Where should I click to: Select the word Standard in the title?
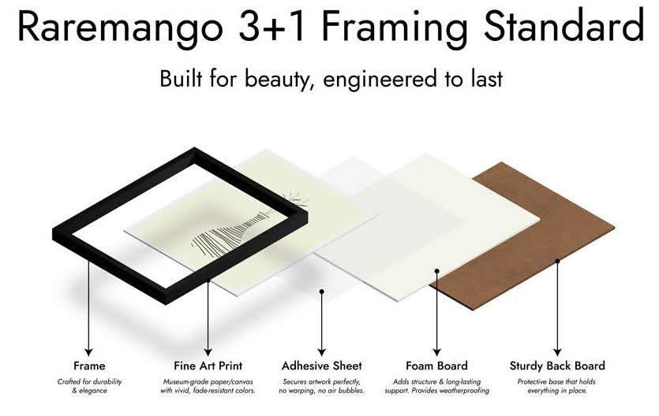[564, 25]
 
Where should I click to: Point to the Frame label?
[89, 366]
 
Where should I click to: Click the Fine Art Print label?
[208, 366]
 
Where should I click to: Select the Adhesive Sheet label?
[321, 366]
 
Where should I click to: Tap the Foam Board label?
[436, 366]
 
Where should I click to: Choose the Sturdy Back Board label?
[557, 366]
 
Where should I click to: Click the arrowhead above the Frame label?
[88, 351]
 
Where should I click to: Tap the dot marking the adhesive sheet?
[321, 291]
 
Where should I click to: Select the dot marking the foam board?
[436, 271]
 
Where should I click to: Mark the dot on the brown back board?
[557, 261]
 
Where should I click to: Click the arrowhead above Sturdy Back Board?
[557, 351]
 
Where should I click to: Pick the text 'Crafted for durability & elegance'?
[89, 386]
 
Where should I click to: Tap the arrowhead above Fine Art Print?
[208, 351]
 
